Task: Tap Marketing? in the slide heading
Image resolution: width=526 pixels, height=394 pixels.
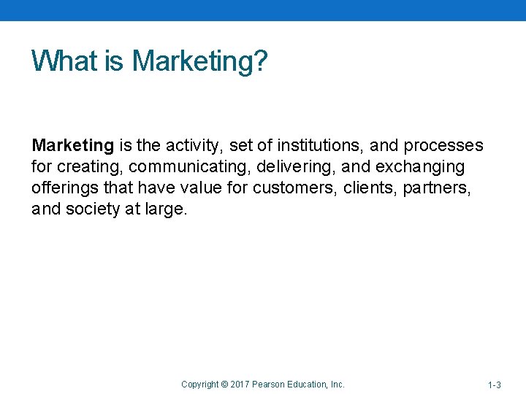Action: (x=199, y=61)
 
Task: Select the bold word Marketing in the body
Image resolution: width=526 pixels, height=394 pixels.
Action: (x=72, y=146)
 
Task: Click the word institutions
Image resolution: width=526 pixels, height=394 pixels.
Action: (x=316, y=146)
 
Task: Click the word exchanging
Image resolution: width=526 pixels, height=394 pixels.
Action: (x=419, y=167)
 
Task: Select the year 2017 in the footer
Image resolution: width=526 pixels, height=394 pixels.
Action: (x=240, y=385)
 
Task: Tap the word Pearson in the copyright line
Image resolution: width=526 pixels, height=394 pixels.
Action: (x=269, y=385)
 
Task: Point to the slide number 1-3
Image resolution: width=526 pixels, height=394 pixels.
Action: (x=495, y=385)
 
